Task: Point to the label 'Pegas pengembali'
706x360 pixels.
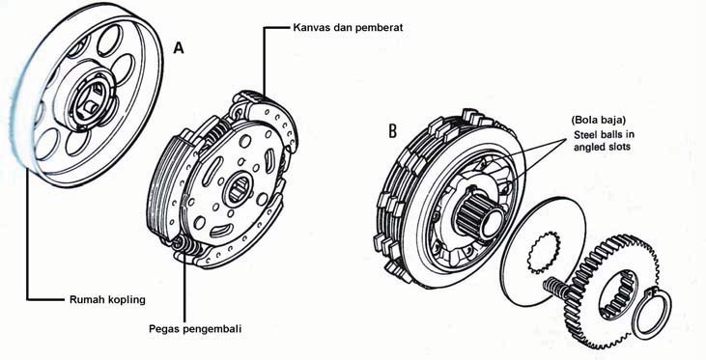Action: pos(195,328)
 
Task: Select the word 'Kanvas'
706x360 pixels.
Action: pos(312,28)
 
